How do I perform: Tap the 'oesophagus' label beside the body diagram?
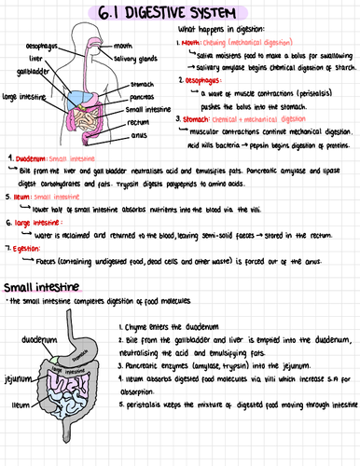click(44, 45)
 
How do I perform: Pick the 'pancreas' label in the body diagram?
click(143, 96)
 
